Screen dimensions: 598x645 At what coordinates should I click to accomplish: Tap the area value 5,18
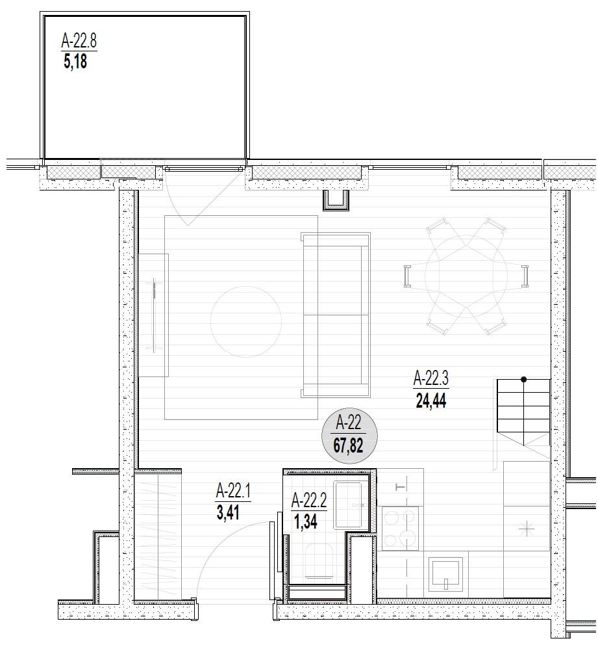pos(75,62)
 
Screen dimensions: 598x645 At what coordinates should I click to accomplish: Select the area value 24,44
pos(431,401)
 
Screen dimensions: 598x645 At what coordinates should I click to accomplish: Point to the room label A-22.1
pos(233,491)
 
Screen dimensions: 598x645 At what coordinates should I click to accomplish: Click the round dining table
pos(466,276)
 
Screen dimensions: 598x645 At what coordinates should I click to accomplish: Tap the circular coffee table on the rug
pos(246,321)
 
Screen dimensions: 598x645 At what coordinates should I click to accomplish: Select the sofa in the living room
pos(336,315)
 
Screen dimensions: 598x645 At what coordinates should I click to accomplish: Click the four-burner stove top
pos(400,528)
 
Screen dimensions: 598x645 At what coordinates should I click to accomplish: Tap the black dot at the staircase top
pos(523,380)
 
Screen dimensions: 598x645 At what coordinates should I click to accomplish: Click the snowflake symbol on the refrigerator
pos(526,529)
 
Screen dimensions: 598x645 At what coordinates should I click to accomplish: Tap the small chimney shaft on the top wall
pos(336,200)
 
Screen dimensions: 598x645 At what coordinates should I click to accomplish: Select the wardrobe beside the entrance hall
pos(158,536)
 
